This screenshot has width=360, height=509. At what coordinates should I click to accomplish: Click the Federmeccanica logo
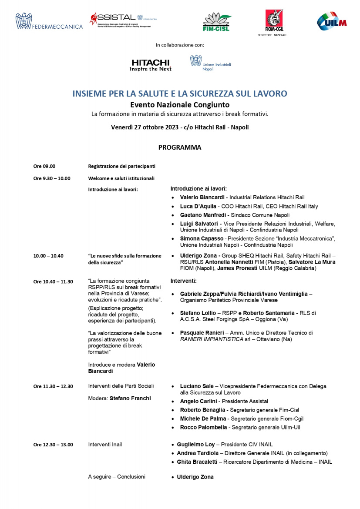click(49, 22)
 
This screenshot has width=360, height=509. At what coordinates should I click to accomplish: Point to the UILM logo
click(331, 21)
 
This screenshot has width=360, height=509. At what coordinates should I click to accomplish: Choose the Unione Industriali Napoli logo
click(211, 64)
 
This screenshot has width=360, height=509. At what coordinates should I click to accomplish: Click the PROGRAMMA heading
click(180, 147)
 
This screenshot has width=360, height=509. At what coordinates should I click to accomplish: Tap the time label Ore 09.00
click(44, 166)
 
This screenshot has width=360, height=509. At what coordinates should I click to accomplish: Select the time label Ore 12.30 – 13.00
click(53, 445)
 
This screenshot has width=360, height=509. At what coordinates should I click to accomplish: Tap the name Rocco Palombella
click(203, 427)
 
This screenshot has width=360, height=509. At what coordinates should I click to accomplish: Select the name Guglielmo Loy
click(195, 445)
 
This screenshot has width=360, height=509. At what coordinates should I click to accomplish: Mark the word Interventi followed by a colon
click(184, 281)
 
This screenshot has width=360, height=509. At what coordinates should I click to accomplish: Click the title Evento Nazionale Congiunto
click(180, 105)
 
